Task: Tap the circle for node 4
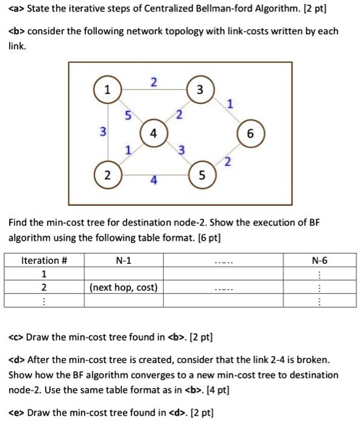click(x=153, y=133)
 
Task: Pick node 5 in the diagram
click(x=200, y=176)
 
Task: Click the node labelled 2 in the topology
click(x=108, y=176)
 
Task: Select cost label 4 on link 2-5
click(x=154, y=181)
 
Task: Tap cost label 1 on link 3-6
click(x=229, y=104)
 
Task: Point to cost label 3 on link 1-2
click(x=103, y=132)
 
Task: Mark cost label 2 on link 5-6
click(x=227, y=161)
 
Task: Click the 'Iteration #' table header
click(x=44, y=260)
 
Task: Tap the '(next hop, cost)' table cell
click(x=124, y=287)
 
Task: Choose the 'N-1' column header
click(x=124, y=260)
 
